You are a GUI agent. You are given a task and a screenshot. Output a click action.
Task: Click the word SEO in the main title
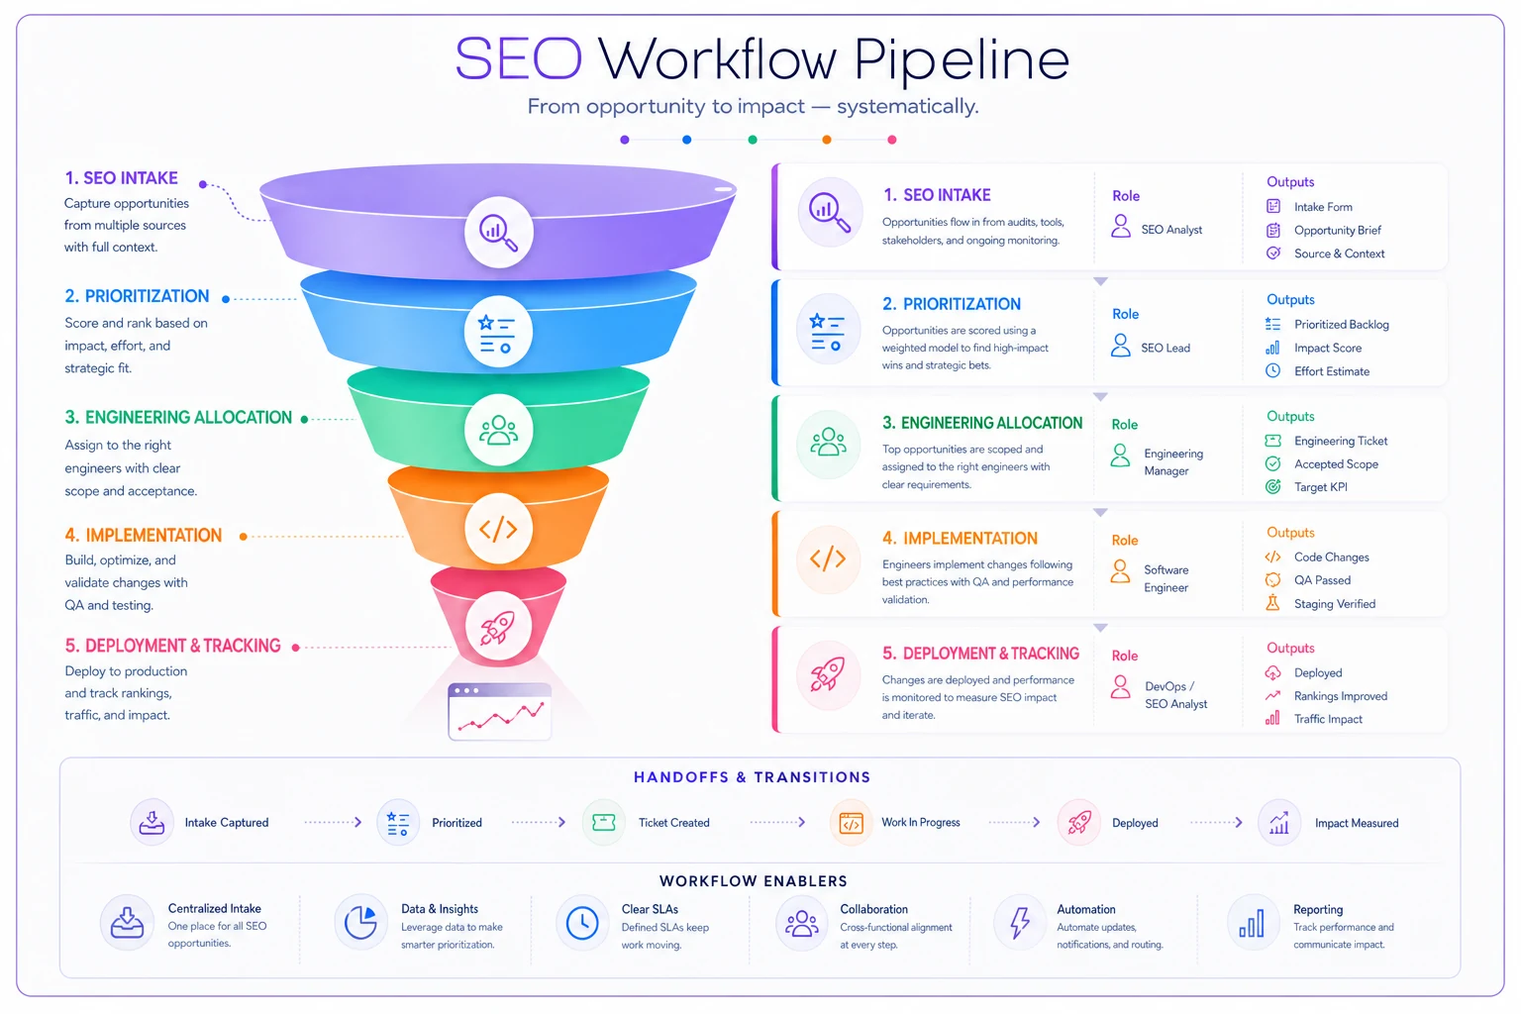pyautogui.click(x=519, y=59)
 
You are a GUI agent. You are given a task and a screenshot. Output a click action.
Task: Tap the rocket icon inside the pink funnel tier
pyautogui.click(x=498, y=627)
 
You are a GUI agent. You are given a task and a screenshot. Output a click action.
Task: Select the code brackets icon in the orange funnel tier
pyautogui.click(x=498, y=529)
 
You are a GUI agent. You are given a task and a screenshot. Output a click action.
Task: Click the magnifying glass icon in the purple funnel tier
pyautogui.click(x=498, y=233)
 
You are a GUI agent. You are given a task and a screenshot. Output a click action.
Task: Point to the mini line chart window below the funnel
pyautogui.click(x=500, y=711)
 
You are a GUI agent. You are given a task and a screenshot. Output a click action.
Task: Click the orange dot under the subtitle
pyautogui.click(x=827, y=140)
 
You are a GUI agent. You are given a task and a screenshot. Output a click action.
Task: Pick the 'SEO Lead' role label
pyautogui.click(x=1166, y=348)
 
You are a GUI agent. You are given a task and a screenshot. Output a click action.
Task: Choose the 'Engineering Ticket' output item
pyautogui.click(x=1341, y=441)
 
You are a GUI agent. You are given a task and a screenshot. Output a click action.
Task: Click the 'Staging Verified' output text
pyautogui.click(x=1334, y=604)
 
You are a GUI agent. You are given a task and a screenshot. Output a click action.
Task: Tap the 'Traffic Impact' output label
pyautogui.click(x=1328, y=719)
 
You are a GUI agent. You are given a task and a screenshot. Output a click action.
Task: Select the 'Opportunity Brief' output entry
pyautogui.click(x=1337, y=231)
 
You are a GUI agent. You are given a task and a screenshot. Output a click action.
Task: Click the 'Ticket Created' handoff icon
pyautogui.click(x=604, y=823)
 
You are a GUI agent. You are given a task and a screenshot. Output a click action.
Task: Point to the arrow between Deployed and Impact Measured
pyautogui.click(x=1216, y=823)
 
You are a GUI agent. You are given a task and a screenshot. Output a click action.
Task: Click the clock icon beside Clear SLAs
pyautogui.click(x=582, y=923)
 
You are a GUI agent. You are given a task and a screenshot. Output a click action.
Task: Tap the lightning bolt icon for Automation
pyautogui.click(x=1019, y=923)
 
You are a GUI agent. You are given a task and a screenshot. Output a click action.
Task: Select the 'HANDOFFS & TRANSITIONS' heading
pyautogui.click(x=752, y=777)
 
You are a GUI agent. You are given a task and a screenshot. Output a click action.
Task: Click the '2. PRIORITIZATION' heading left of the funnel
pyautogui.click(x=137, y=296)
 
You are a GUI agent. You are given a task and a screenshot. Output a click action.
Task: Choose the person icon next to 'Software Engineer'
pyautogui.click(x=1120, y=571)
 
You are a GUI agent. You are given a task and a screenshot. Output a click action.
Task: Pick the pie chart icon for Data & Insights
pyautogui.click(x=360, y=923)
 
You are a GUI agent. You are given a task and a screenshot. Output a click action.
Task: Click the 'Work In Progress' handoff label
pyautogui.click(x=920, y=823)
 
